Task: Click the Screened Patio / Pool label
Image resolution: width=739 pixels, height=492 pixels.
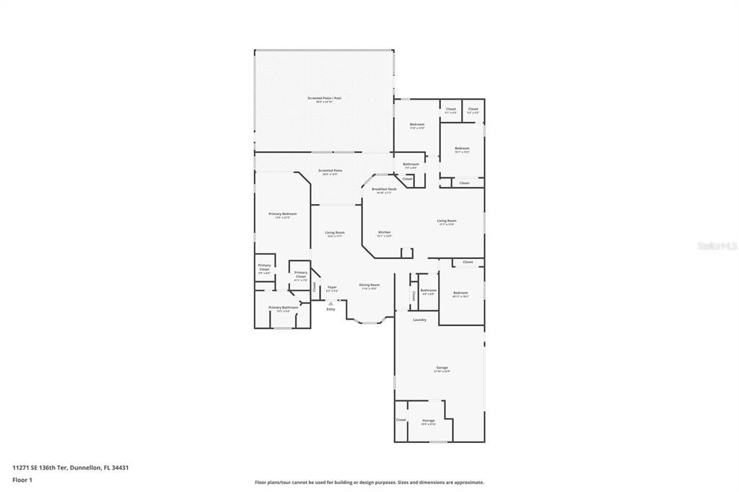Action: click(x=324, y=97)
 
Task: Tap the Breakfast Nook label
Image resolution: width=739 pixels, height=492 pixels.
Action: click(x=384, y=189)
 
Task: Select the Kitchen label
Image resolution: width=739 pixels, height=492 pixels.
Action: click(x=384, y=232)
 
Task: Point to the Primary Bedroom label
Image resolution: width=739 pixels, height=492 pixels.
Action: click(x=283, y=214)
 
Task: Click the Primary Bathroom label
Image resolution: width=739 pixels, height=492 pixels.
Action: click(x=283, y=308)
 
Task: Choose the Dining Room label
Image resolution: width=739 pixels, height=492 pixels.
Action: click(x=369, y=285)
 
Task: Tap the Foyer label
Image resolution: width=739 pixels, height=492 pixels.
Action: click(x=332, y=287)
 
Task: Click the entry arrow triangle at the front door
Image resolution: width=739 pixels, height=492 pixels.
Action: click(x=331, y=304)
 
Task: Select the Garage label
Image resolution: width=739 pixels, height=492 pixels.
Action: click(x=442, y=367)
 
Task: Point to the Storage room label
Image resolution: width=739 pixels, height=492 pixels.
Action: click(x=429, y=420)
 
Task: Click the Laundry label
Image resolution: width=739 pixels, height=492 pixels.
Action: click(x=419, y=320)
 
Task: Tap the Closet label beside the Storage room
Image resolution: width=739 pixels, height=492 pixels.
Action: click(x=401, y=420)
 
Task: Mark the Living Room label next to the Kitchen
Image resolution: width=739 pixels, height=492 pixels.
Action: click(x=446, y=221)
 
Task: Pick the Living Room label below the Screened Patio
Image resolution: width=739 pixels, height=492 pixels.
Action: click(x=334, y=232)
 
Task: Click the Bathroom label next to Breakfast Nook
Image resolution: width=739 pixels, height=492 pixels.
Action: click(x=411, y=164)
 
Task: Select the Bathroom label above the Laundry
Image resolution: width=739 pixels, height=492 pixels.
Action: click(x=428, y=290)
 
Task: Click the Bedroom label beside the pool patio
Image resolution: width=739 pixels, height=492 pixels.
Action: click(x=417, y=124)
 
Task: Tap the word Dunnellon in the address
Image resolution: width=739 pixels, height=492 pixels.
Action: click(x=87, y=467)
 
